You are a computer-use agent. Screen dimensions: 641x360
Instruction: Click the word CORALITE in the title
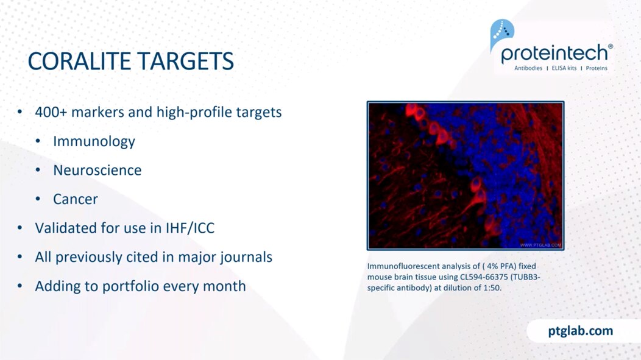[x=79, y=62]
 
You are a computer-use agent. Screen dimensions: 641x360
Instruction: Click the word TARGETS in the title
[x=186, y=62]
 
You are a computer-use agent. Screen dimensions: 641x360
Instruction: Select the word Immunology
[x=94, y=141]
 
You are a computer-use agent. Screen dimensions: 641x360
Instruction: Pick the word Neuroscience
[x=97, y=170]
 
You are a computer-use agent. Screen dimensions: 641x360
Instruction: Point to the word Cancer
[x=75, y=199]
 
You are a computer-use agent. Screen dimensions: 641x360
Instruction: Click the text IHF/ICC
[x=189, y=228]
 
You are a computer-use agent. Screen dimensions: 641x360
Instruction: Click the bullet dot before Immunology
[x=38, y=141]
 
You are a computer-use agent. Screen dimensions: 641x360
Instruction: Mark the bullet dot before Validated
[x=19, y=228]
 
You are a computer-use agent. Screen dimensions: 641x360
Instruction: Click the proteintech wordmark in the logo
[x=554, y=53]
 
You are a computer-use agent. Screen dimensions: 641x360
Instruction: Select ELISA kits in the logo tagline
[x=564, y=68]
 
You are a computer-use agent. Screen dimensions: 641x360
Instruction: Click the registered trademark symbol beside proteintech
[x=611, y=46]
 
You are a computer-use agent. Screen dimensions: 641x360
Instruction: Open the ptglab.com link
[x=581, y=331]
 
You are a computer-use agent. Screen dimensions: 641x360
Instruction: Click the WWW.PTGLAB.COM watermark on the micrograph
[x=540, y=245]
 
